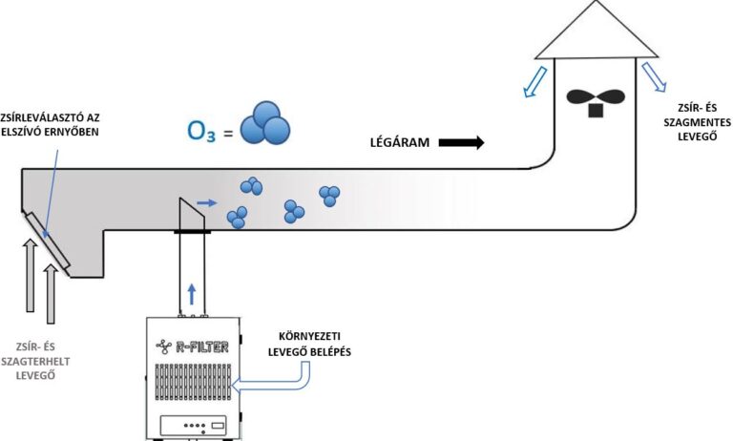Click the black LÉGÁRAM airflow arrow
click(x=462, y=143)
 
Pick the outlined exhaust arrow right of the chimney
click(x=656, y=79)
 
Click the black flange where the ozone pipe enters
click(x=191, y=230)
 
